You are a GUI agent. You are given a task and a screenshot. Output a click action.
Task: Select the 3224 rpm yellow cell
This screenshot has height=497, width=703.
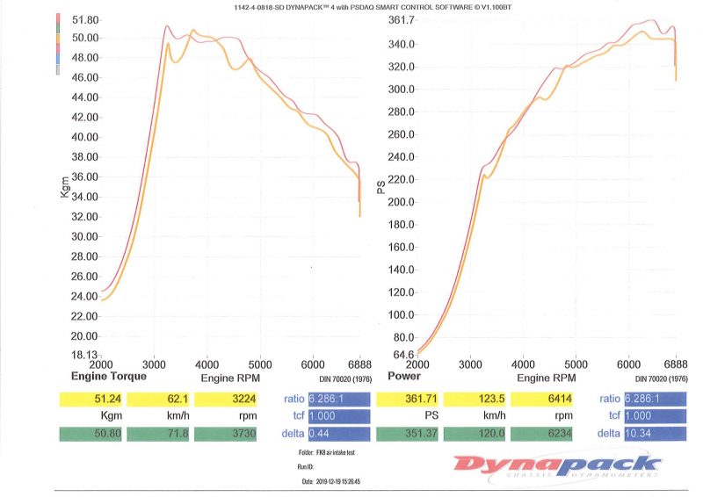(x=227, y=400)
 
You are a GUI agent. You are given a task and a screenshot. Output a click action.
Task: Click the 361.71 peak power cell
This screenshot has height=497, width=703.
(x=408, y=400)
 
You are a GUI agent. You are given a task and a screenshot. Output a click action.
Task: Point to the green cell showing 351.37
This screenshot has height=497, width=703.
(x=408, y=434)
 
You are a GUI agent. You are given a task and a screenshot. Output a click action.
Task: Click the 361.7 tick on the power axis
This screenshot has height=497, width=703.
(x=402, y=20)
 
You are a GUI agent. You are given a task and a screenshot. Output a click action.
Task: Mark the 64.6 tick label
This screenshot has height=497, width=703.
(x=402, y=355)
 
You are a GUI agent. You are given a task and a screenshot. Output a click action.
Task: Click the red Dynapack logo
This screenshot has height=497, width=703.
(x=557, y=465)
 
